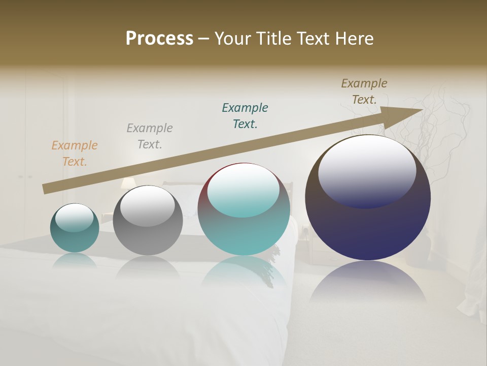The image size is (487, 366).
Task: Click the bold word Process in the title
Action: coord(159,39)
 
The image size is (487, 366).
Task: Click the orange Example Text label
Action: coord(75,154)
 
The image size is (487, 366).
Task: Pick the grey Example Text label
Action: coord(150,136)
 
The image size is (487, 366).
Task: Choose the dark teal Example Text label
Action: coord(245,116)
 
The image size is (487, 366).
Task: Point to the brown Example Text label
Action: coord(364,91)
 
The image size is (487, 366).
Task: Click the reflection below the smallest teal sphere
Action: coord(75,261)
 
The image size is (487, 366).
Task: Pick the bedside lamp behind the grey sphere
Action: coord(127,183)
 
